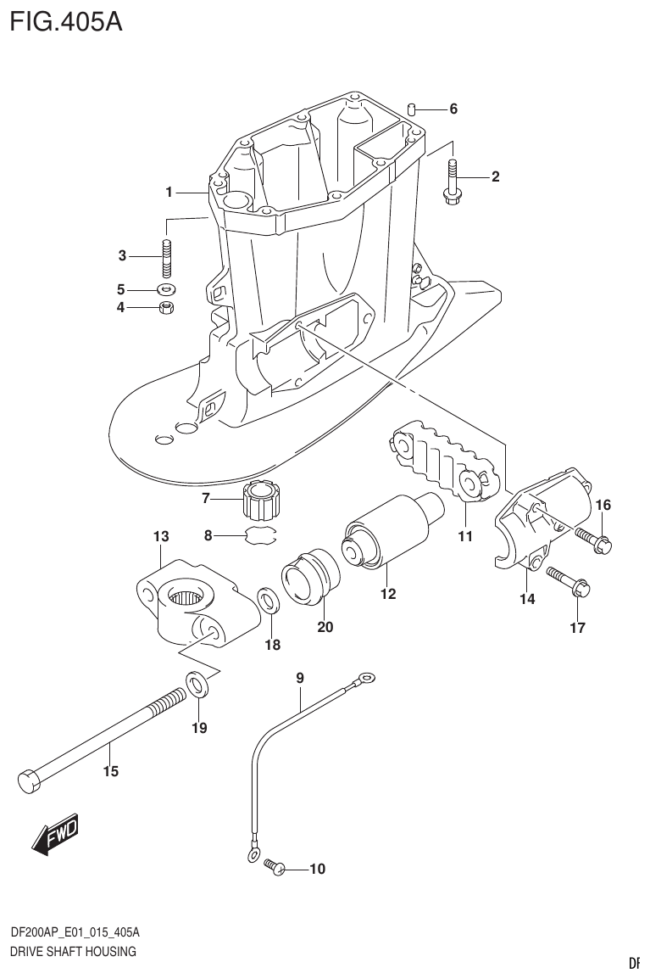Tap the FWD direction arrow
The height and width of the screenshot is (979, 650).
pos(54,834)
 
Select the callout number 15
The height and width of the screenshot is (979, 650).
pos(110,771)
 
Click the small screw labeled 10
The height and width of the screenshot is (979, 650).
pos(274,865)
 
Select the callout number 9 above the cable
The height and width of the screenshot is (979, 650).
pos(300,677)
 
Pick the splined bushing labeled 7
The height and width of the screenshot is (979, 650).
pos(259,501)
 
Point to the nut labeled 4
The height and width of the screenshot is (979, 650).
pos(167,306)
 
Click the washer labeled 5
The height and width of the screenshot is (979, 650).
pos(167,288)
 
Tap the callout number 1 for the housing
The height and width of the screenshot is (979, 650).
pos(169,193)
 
